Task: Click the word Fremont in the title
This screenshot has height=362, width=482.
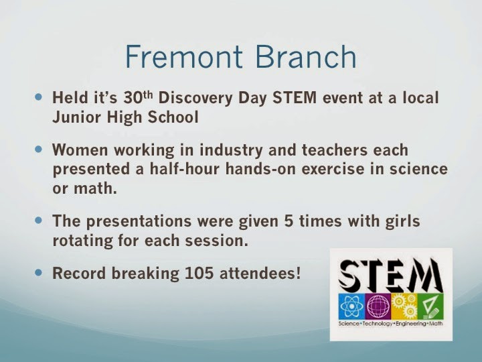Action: point(184,57)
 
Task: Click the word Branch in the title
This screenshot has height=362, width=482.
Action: point(306,56)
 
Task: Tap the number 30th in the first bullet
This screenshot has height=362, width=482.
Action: point(138,97)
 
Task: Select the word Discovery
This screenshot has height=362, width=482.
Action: point(195,98)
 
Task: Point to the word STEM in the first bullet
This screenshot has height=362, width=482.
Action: point(295,98)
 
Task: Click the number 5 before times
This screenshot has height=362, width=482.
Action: point(289,221)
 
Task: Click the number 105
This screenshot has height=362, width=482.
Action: point(199,273)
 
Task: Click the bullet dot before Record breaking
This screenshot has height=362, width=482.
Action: point(38,272)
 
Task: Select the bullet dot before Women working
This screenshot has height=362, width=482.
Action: point(38,149)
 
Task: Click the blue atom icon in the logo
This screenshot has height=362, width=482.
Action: point(351,306)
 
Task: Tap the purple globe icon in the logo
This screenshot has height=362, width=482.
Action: point(378,306)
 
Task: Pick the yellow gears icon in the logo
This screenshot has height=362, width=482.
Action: point(404,306)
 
